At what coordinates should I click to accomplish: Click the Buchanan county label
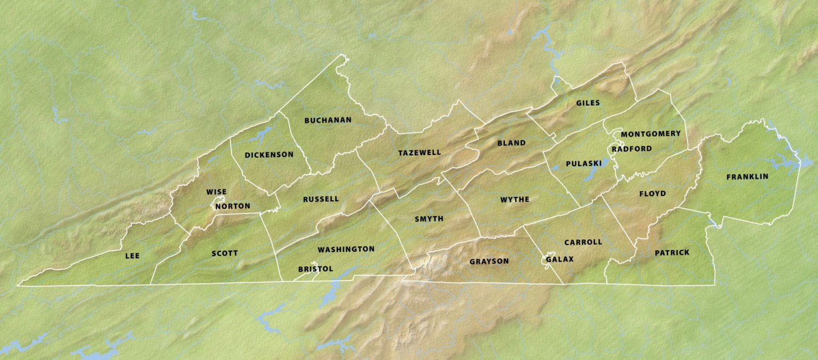click(x=328, y=120)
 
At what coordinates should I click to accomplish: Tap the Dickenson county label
click(x=269, y=155)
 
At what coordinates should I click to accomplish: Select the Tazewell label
click(x=420, y=153)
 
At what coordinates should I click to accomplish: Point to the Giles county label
click(x=588, y=103)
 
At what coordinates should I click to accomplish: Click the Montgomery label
click(x=650, y=134)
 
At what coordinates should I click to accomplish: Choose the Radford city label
click(x=632, y=149)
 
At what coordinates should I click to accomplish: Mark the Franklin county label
click(x=747, y=177)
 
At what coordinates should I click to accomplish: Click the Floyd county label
click(x=652, y=194)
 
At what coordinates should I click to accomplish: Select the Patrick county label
click(x=672, y=253)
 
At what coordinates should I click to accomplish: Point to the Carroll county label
click(x=583, y=242)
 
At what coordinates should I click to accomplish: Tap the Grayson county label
click(x=489, y=261)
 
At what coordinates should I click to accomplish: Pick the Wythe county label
click(x=514, y=200)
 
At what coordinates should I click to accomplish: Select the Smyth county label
click(x=429, y=219)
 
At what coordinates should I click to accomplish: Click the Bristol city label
click(x=315, y=269)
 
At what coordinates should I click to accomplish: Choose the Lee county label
click(x=132, y=256)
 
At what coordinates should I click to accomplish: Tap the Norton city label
click(x=233, y=206)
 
